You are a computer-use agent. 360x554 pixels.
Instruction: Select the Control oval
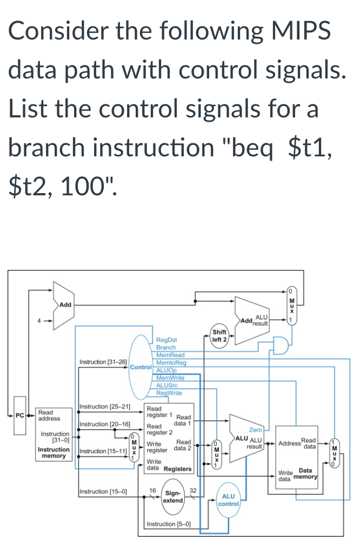(140, 366)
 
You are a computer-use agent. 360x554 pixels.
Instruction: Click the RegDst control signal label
(166, 340)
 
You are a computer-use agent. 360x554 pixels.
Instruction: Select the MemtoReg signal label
(170, 362)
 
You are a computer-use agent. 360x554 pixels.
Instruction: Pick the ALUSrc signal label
(168, 385)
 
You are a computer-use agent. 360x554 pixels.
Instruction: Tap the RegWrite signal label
(169, 393)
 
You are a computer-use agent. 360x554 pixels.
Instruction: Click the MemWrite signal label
(170, 378)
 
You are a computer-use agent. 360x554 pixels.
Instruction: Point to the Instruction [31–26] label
(103, 361)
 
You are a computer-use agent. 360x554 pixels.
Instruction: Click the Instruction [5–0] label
(168, 525)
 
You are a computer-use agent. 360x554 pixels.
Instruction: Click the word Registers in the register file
(178, 469)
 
